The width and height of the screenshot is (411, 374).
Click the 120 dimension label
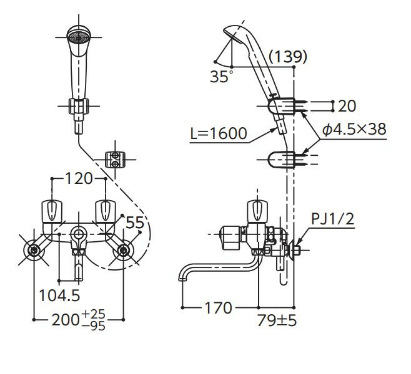[x=79, y=179]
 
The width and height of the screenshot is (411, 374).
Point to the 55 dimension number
[x=135, y=222]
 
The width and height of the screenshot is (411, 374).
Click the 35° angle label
[x=220, y=77]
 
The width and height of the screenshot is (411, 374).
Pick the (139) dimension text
[x=287, y=57]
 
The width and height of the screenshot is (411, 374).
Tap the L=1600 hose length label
[x=219, y=133]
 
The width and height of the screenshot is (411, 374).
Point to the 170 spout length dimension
[x=219, y=307]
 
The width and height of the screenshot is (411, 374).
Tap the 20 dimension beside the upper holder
[x=349, y=105]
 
